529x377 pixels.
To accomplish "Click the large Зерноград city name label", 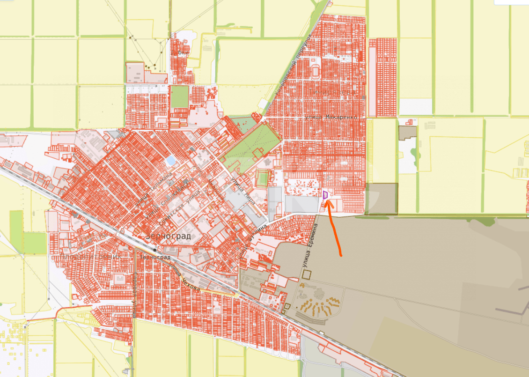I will coord(169,236).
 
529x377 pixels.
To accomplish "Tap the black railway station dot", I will coord(154,251).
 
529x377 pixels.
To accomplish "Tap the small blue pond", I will coord(171,161).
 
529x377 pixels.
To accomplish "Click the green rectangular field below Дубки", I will coord(179,96).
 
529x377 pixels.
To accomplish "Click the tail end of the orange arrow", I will coord(341,255).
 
